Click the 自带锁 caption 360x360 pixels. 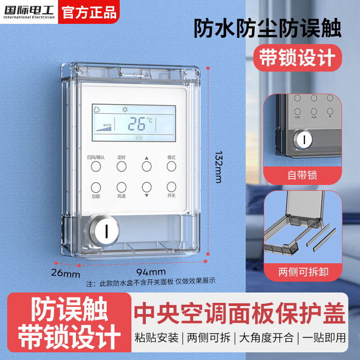point(302,175)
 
